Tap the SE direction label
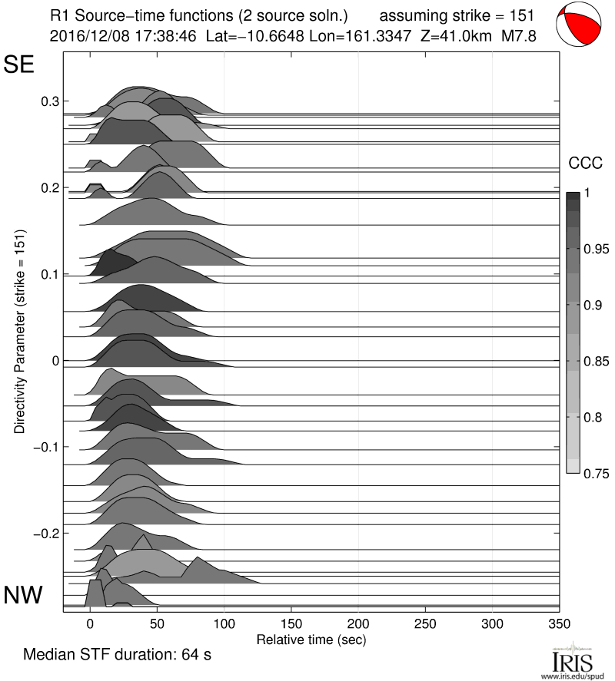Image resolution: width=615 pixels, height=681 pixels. [20, 64]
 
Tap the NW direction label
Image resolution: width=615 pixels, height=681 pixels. [23, 594]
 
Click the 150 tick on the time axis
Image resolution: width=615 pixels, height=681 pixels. [291, 623]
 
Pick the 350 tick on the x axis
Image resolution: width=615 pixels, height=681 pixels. [559, 623]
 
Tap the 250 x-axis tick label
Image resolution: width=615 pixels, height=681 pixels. [425, 623]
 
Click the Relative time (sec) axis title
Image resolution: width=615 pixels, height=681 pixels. [311, 639]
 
